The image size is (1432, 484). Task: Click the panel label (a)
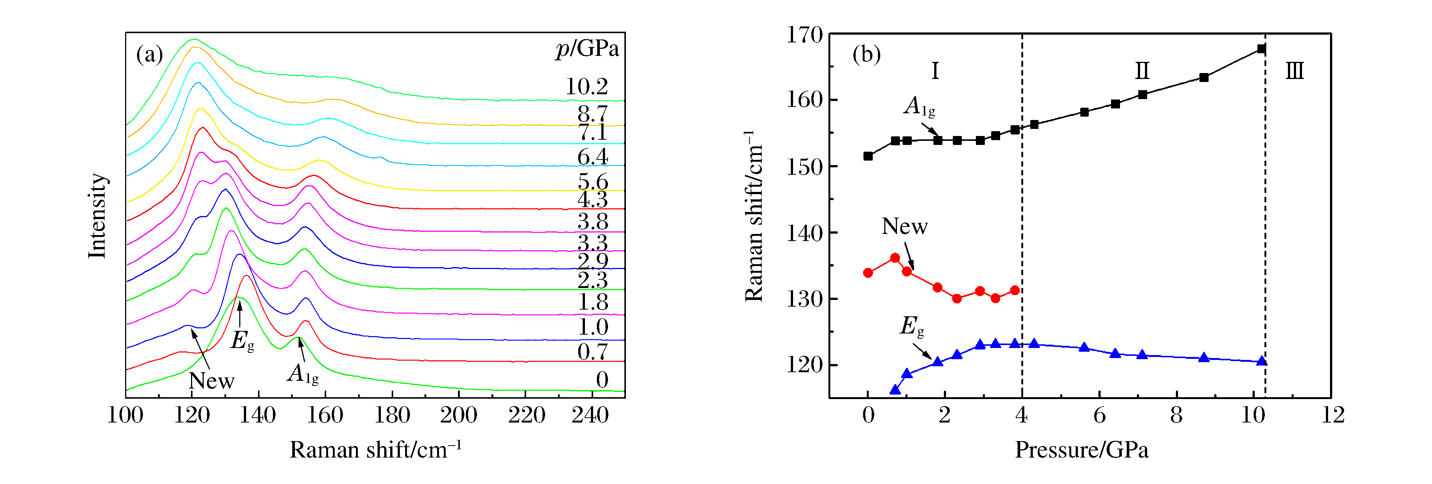tap(149, 54)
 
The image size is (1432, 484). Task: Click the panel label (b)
tap(866, 54)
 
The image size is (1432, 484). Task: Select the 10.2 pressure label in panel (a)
tap(586, 87)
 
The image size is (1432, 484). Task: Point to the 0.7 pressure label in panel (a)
tap(593, 352)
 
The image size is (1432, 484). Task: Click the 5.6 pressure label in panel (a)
tap(593, 181)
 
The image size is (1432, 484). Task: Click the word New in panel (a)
tap(211, 381)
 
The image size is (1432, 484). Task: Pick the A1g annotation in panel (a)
tap(303, 374)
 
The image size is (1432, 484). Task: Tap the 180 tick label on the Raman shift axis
tap(392, 415)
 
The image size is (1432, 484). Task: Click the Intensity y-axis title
tap(97, 216)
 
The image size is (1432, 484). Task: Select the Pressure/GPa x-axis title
tap(1081, 449)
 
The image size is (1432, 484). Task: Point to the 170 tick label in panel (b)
tap(804, 35)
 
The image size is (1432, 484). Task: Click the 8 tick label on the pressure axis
tap(1176, 415)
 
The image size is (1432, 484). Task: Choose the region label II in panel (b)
tap(1142, 71)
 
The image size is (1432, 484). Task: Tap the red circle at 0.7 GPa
tap(895, 257)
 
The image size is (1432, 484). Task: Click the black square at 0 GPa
tap(868, 156)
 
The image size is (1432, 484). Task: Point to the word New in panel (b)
tap(904, 227)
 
